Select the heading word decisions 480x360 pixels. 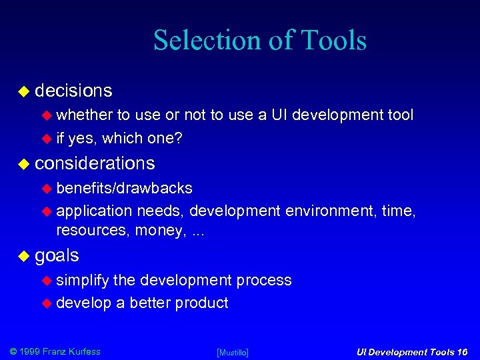tap(73, 90)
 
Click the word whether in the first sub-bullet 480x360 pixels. tap(85, 115)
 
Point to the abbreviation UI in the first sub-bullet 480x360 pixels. tap(279, 115)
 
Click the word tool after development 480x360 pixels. tap(400, 115)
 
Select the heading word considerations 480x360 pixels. tap(95, 163)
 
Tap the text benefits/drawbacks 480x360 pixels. tap(124, 189)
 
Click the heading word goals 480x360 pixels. tap(57, 255)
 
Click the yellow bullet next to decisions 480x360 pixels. tap(23, 91)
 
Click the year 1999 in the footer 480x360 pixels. tap(31, 351)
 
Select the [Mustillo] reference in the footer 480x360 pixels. tap(233, 352)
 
